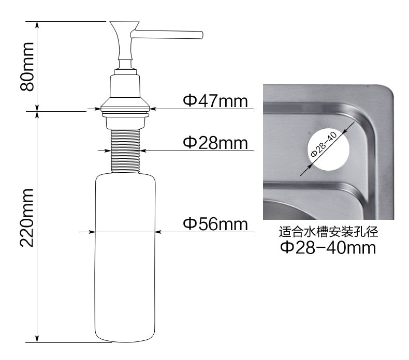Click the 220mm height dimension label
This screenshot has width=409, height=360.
click(x=27, y=217)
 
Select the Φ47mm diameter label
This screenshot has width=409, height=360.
click(x=215, y=100)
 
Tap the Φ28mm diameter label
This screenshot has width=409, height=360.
click(x=215, y=142)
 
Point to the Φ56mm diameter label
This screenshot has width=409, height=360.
click(x=215, y=224)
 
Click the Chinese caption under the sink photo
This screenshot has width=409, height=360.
click(x=328, y=232)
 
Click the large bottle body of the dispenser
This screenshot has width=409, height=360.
click(x=124, y=259)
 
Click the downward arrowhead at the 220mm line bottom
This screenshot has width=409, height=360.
click(x=37, y=339)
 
